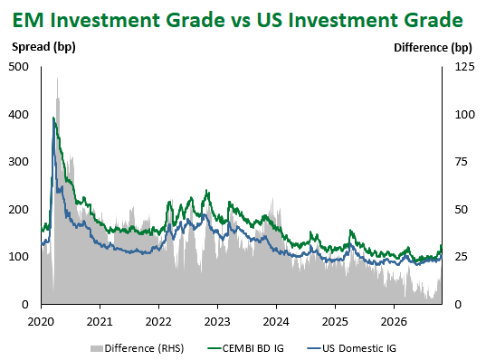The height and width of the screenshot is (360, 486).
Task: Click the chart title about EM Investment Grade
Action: click(238, 20)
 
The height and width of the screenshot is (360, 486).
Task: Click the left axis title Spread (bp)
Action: click(43, 47)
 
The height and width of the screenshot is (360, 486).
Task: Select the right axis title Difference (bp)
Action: click(433, 48)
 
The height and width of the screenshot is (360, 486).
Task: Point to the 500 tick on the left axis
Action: click(18, 67)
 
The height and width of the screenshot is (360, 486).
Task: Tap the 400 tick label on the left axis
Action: click(18, 115)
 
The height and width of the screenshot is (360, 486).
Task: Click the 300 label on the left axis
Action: click(18, 162)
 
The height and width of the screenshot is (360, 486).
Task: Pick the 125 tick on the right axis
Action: click(464, 67)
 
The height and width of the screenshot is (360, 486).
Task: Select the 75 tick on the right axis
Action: click(462, 162)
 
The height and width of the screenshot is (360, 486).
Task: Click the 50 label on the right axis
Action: click(462, 210)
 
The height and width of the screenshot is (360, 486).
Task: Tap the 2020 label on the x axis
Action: click(41, 322)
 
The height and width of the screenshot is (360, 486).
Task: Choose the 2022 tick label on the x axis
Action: click(158, 322)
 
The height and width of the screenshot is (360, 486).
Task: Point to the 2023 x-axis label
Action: click(217, 322)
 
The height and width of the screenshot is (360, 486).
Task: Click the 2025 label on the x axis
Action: click(335, 322)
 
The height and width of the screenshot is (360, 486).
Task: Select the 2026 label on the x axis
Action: click(394, 322)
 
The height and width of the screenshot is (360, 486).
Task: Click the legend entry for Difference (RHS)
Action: click(138, 348)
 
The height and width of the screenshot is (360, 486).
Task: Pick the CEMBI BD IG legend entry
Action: click(246, 348)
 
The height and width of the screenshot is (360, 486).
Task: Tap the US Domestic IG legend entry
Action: click(352, 348)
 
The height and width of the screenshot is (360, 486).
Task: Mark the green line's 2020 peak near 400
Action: click(53, 118)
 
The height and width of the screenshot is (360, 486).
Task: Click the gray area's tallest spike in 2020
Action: click(57, 78)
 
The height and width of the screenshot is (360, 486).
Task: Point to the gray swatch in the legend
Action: click(97, 349)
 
